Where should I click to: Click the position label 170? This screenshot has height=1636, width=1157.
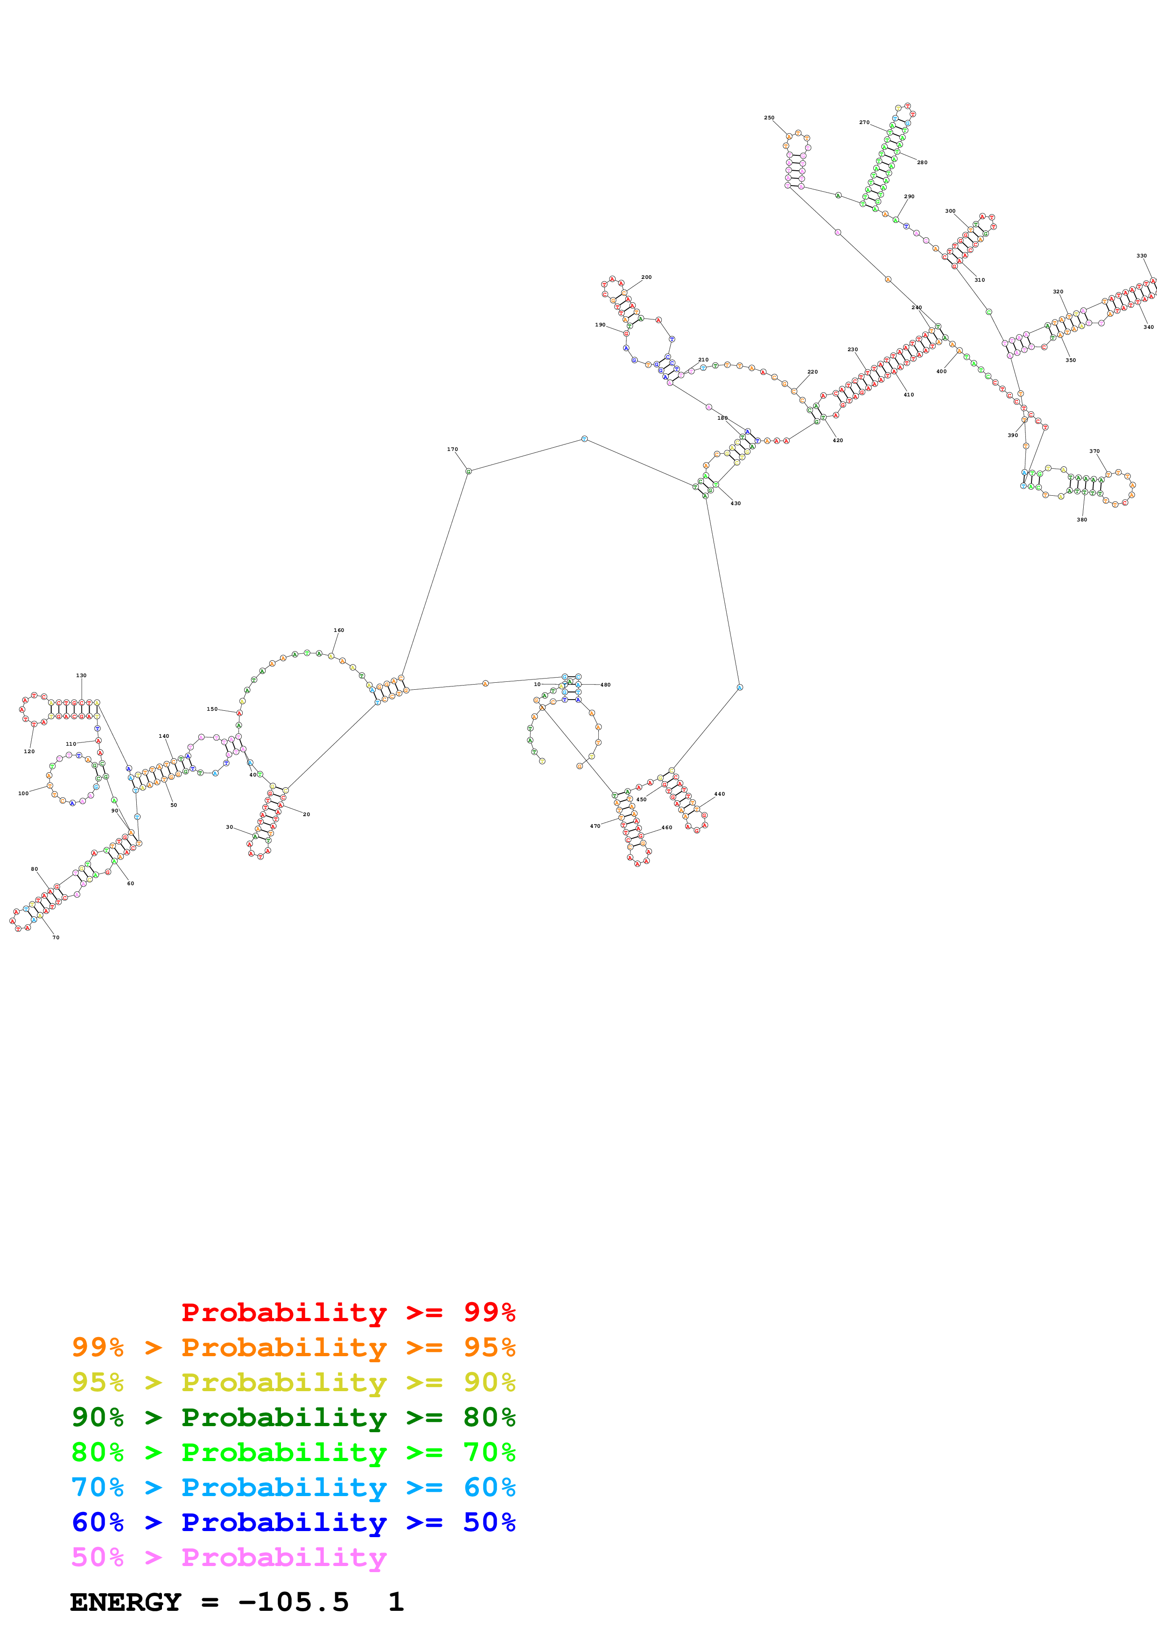click(452, 450)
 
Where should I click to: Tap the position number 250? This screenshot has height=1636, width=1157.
click(769, 118)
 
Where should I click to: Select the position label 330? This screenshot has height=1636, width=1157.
click(1141, 256)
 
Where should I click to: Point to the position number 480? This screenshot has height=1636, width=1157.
click(605, 685)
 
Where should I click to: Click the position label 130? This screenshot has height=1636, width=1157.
click(81, 675)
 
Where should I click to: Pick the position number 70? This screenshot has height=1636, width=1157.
click(56, 938)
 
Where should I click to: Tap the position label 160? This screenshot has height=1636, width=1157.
click(339, 631)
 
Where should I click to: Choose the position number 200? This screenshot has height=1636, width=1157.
click(646, 277)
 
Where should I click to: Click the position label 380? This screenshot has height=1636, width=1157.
click(1081, 520)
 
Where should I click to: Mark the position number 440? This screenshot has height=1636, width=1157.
click(719, 794)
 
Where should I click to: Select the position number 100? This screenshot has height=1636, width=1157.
click(23, 793)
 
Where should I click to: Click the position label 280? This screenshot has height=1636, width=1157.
click(922, 162)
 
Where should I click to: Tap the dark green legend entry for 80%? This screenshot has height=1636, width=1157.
click(293, 1417)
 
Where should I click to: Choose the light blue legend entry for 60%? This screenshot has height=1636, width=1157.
click(293, 1487)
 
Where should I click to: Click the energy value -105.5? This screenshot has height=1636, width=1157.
click(293, 1602)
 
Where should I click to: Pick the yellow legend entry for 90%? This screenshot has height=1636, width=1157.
click(293, 1382)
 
